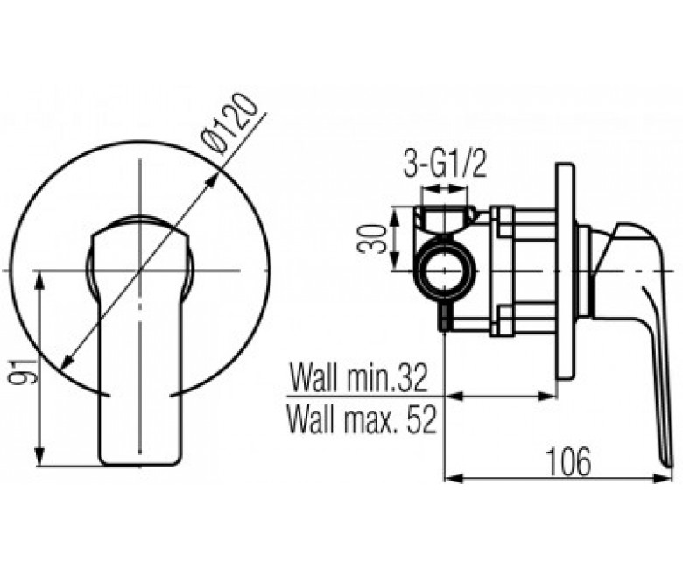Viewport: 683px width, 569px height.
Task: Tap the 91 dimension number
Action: pos(23,371)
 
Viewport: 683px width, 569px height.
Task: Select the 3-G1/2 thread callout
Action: pos(444,165)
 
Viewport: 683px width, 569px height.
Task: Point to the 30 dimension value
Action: pos(372,239)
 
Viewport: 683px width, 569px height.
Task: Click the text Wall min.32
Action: pos(359,378)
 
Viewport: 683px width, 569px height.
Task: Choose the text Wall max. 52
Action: pos(362,419)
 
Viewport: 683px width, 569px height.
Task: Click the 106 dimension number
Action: pos(568,462)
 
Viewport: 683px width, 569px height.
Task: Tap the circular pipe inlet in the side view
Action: pos(444,270)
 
